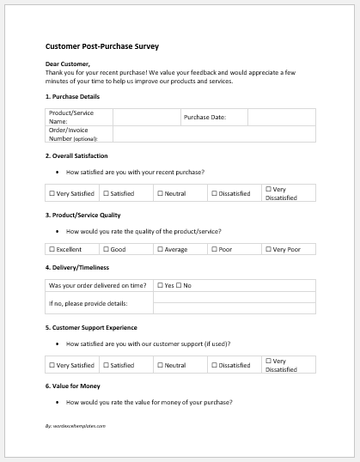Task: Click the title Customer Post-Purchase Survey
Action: (x=101, y=46)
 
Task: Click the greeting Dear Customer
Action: (x=68, y=64)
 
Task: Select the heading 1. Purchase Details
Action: (x=73, y=99)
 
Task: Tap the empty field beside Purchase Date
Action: (x=280, y=118)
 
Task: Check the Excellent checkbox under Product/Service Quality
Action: (x=52, y=249)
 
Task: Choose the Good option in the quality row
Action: (x=106, y=249)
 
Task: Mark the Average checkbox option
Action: (x=159, y=249)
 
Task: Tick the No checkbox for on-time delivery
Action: (x=179, y=285)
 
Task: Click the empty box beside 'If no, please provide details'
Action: (x=233, y=303)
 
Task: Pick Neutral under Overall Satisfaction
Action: (x=159, y=194)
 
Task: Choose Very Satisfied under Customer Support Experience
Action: (x=52, y=365)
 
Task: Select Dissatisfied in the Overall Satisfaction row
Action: (x=214, y=194)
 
